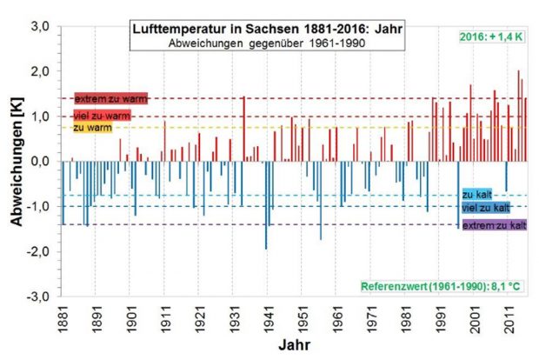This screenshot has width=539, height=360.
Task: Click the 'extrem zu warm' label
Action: click(x=110, y=99)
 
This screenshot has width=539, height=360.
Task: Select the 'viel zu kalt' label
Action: click(x=485, y=208)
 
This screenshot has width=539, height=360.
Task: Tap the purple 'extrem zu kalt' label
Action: click(x=493, y=225)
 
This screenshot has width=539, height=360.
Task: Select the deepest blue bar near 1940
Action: click(x=266, y=204)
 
